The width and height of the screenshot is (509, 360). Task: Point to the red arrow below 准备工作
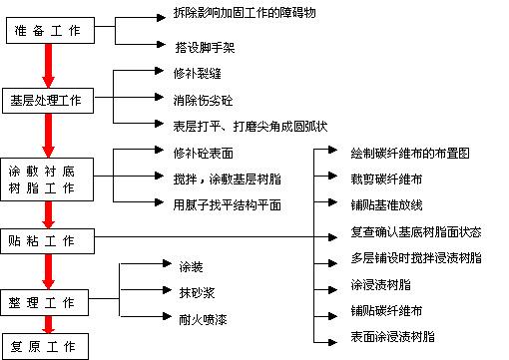click(x=46, y=66)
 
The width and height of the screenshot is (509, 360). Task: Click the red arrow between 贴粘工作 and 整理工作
click(x=46, y=270)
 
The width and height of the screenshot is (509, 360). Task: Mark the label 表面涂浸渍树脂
click(x=393, y=337)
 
